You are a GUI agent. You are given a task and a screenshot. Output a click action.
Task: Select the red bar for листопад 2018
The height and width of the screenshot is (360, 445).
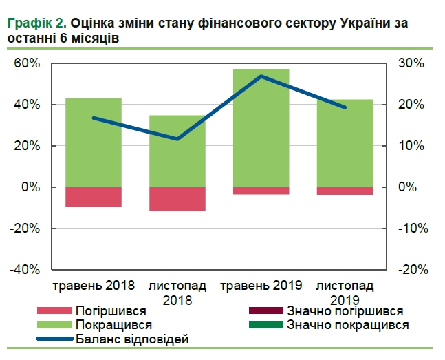[177, 199]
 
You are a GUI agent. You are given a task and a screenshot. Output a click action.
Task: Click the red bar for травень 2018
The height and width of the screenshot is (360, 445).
[94, 197]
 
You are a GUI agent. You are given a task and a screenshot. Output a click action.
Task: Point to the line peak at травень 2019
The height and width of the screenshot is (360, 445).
[261, 76]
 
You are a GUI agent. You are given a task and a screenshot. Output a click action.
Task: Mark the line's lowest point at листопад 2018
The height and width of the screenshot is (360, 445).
[177, 139]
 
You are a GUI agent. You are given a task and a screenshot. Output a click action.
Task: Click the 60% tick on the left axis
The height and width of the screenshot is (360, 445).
[28, 63]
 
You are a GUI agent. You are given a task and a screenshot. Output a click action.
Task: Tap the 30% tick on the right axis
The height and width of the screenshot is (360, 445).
[414, 63]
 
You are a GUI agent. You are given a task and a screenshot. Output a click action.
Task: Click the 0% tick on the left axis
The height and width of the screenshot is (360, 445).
[31, 187]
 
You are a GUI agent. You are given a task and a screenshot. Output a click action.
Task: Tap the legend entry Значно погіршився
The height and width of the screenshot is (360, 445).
[345, 311]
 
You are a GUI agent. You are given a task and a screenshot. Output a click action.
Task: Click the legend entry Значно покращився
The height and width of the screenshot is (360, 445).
[347, 324]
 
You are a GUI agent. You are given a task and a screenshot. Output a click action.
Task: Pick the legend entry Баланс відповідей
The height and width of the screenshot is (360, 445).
[131, 338]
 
